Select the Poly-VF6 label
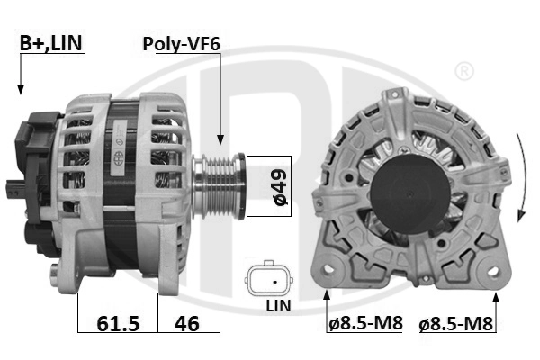(x=181, y=42)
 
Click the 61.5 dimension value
(x=117, y=322)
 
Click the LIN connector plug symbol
(x=269, y=280)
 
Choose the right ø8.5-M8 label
(x=456, y=323)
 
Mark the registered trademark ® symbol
(x=463, y=70)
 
